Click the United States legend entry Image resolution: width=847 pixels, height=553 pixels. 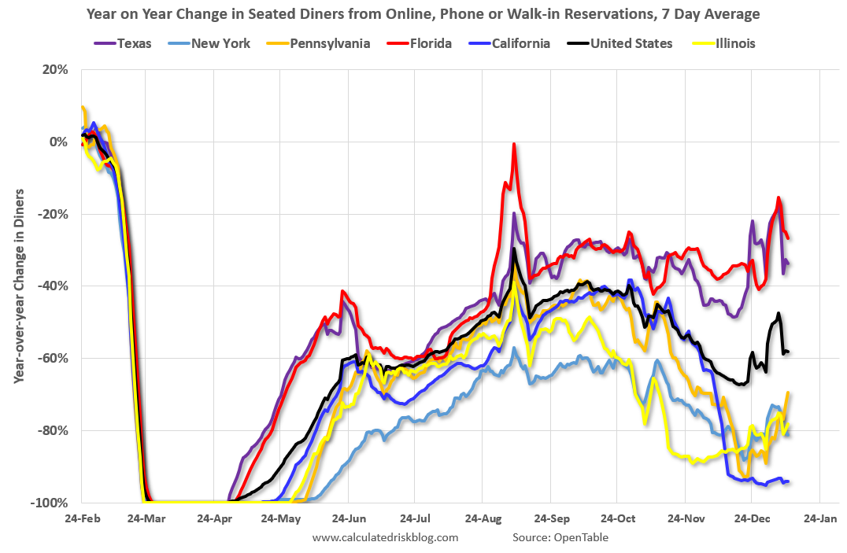[623, 43]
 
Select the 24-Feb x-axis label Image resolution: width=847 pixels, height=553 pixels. [81, 519]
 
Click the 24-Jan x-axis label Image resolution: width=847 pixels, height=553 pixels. [819, 519]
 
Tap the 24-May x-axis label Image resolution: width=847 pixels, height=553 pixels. [281, 519]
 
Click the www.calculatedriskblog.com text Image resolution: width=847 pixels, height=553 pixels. [385, 537]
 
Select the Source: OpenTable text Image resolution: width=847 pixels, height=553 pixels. [560, 537]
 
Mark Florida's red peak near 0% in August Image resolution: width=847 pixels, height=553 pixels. [514, 145]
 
